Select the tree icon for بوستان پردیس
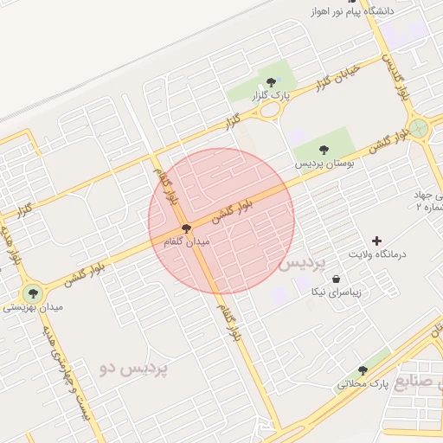pyautogui.click(x=324, y=150)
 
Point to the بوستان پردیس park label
pyautogui.click(x=321, y=163)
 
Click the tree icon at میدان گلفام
pyautogui.click(x=186, y=228)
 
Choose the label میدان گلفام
pyautogui.click(x=188, y=242)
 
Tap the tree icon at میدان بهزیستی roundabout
pyautogui.click(x=33, y=292)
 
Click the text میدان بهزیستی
pyautogui.click(x=31, y=306)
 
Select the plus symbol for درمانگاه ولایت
pyautogui.click(x=376, y=241)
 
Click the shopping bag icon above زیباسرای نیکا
pyautogui.click(x=336, y=278)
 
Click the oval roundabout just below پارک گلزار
pyautogui.click(x=272, y=110)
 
